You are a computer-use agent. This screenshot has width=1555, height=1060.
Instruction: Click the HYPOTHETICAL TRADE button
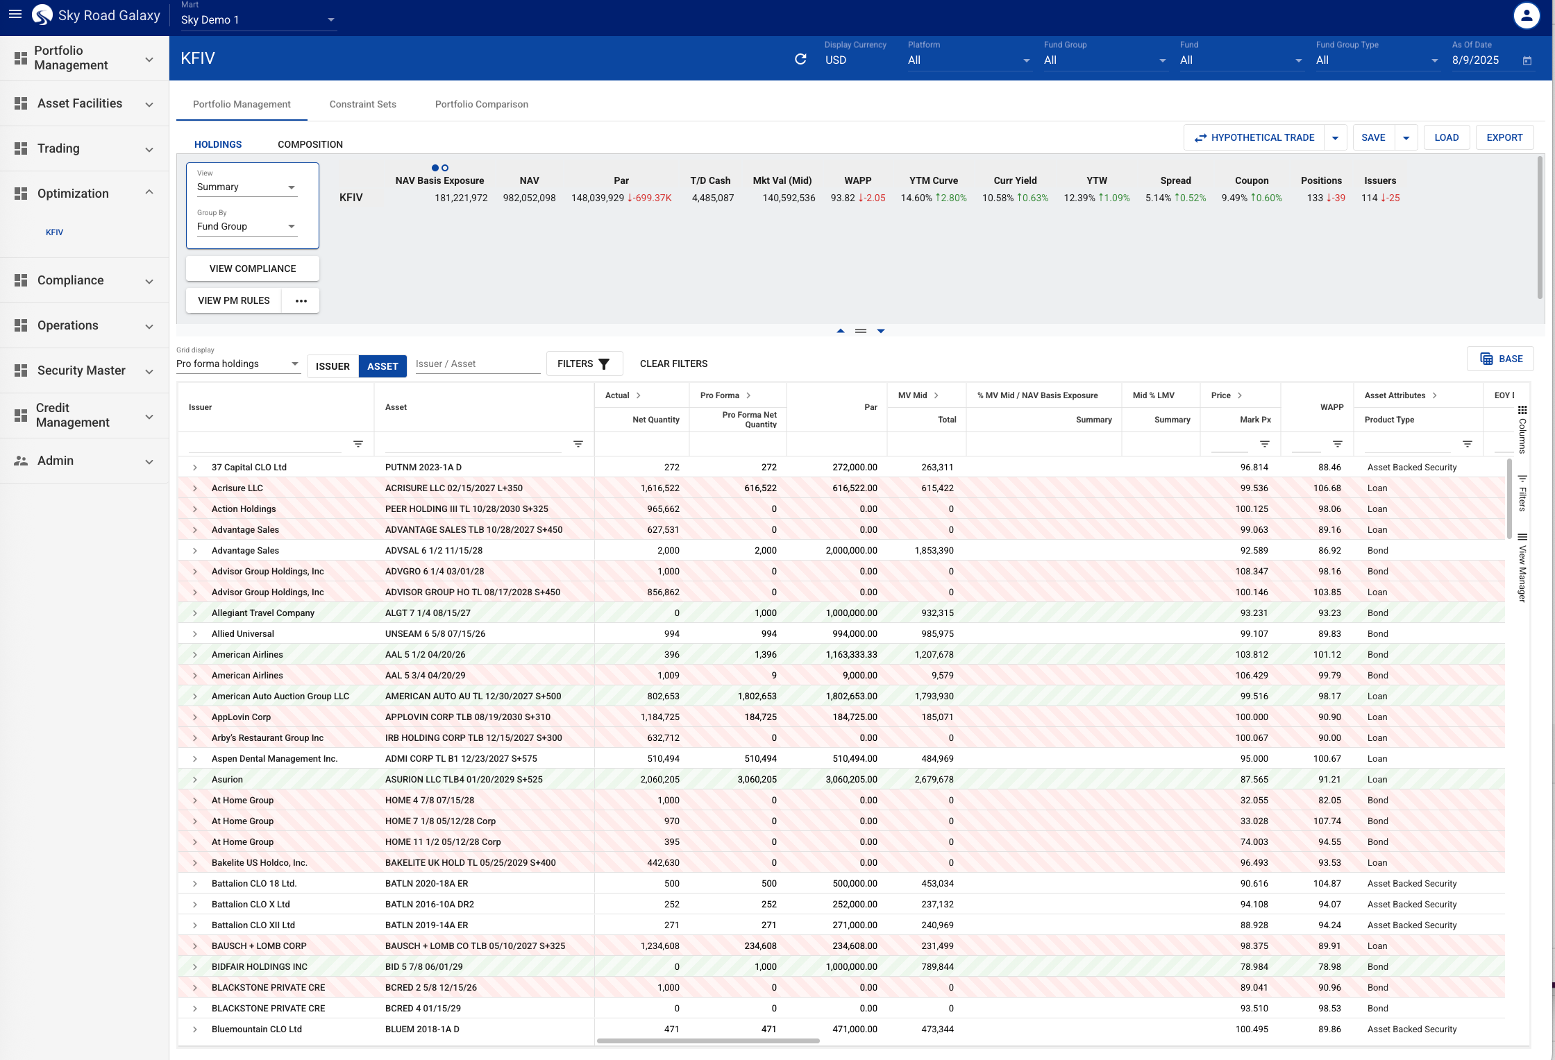[x=1254, y=137]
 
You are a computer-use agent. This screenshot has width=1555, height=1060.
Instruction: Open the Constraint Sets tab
[x=362, y=104]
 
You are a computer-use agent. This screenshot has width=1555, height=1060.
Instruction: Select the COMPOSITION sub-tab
[x=310, y=144]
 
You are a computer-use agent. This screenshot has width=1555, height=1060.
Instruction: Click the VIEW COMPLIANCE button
[x=253, y=268]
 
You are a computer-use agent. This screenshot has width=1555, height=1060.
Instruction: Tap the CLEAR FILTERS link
[x=673, y=364]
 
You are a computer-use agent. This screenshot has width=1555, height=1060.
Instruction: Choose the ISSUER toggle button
[x=333, y=366]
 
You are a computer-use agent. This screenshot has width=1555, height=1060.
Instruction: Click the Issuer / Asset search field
[x=478, y=364]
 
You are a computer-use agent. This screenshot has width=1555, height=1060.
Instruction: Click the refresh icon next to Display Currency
[x=800, y=60]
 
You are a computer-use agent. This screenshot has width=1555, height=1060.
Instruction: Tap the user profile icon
[x=1526, y=15]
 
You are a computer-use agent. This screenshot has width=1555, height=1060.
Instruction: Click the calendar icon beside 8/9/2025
[x=1527, y=60]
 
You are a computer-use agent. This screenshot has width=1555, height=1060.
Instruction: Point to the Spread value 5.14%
[x=1158, y=198]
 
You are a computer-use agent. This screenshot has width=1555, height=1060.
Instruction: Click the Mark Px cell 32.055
[x=1254, y=800]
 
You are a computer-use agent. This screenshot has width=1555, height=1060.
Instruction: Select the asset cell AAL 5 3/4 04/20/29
[x=425, y=675]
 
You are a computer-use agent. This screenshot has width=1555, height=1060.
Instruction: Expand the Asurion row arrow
[x=195, y=780]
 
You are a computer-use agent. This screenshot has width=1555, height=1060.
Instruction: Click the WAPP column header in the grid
[x=1331, y=407]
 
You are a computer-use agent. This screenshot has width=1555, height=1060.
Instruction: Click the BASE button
[x=1501, y=359]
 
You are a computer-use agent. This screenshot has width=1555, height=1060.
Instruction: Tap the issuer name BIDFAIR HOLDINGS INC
[x=259, y=966]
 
